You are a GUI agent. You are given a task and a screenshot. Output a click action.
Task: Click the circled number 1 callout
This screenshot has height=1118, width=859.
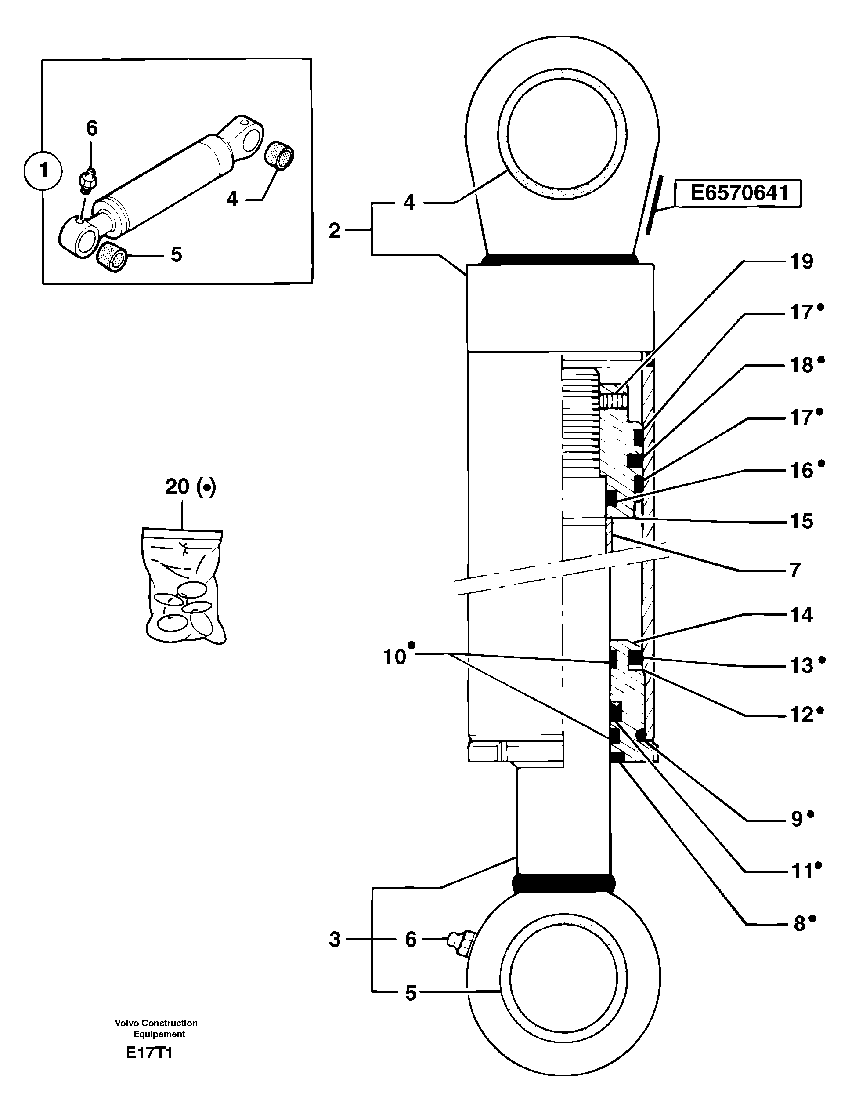[43, 171]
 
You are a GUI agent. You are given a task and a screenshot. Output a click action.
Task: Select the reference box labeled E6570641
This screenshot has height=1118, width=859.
[738, 193]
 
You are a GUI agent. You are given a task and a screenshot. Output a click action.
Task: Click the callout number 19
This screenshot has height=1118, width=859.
[801, 261]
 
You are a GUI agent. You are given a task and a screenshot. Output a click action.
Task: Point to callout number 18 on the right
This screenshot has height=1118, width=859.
[801, 365]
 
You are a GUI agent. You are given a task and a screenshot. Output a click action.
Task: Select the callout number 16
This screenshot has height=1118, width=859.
[801, 470]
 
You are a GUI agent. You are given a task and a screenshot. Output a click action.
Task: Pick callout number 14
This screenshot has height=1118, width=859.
[801, 614]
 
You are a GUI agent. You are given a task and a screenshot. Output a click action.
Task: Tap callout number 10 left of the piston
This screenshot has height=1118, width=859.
[394, 657]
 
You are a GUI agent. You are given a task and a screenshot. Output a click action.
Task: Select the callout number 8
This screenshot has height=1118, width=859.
[799, 924]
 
